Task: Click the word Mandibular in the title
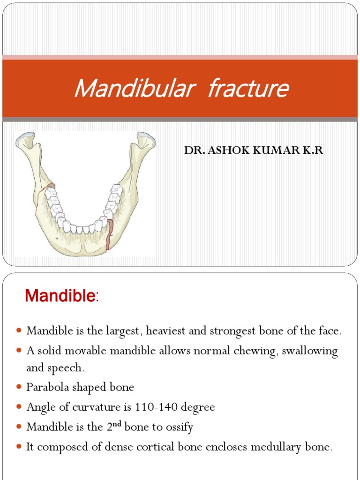[133, 89]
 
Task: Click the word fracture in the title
[247, 89]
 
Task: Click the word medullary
[273, 447]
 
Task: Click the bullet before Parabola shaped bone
[19, 388]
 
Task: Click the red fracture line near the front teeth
[110, 234]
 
